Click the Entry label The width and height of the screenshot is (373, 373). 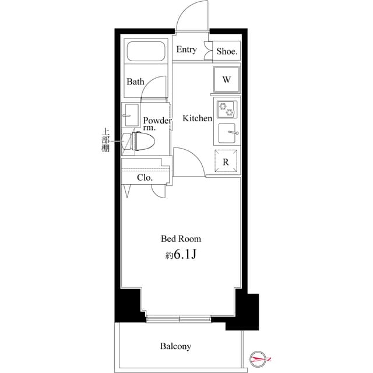(x=186, y=50)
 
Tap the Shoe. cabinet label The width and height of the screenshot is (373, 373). (x=227, y=51)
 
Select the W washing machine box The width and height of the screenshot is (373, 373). (x=227, y=79)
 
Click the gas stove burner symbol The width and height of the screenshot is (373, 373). (x=226, y=109)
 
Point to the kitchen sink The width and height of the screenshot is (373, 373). (x=226, y=133)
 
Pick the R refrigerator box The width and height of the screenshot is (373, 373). (x=226, y=161)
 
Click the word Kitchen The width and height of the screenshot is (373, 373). (x=198, y=118)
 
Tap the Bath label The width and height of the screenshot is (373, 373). (x=136, y=82)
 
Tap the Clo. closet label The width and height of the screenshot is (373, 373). (x=145, y=178)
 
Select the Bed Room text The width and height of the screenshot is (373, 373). (x=181, y=239)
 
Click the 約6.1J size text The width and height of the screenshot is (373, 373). (x=181, y=255)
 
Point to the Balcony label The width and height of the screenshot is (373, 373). (x=175, y=346)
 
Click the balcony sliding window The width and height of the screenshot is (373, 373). (x=179, y=318)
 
